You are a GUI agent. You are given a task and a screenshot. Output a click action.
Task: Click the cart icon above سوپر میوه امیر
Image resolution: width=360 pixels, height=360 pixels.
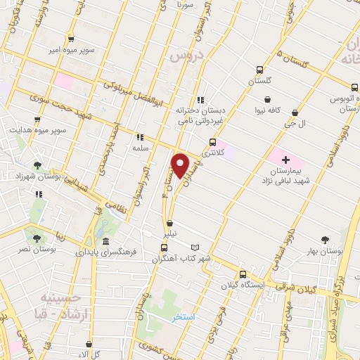pos(70,39)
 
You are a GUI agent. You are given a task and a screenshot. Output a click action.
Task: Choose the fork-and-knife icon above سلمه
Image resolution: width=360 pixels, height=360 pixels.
pos(139,137)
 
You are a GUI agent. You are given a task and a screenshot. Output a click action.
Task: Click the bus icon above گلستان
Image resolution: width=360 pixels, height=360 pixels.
pos(259,70)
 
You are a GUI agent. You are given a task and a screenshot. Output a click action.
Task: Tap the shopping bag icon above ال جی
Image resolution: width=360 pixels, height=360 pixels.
pos(294,112)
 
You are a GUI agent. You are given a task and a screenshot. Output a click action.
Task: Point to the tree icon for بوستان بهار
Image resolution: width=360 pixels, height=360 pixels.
pos(325,240)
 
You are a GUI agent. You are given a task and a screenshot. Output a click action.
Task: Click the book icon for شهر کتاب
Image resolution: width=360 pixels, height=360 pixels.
pos(195,247)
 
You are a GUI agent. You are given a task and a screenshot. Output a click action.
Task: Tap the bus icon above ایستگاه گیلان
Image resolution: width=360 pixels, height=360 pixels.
pos(243,274)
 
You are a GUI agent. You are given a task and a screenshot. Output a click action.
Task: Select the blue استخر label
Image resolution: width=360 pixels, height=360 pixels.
pos(184,317)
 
